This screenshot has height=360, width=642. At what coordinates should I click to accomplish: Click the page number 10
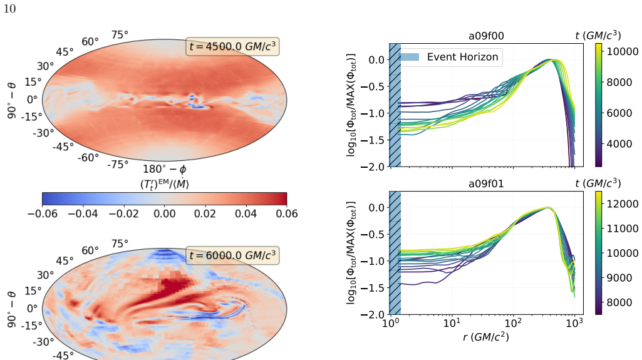pyautogui.click(x=10, y=9)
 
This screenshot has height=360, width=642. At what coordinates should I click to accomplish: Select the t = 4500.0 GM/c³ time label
pyautogui.click(x=232, y=46)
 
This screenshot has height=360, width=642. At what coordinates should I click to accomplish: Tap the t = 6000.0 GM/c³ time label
pyautogui.click(x=232, y=255)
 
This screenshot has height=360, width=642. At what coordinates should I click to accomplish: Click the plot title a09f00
pyautogui.click(x=486, y=36)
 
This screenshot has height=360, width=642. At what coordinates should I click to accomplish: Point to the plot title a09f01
pyautogui.click(x=486, y=183)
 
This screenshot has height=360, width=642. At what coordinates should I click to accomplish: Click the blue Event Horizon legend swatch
pyautogui.click(x=408, y=57)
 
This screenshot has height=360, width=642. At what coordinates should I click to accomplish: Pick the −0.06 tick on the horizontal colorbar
pyautogui.click(x=43, y=213)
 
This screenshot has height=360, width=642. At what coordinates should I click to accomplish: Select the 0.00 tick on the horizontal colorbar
pyautogui.click(x=165, y=213)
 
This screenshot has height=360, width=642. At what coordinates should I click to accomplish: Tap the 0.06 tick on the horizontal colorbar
pyautogui.click(x=287, y=213)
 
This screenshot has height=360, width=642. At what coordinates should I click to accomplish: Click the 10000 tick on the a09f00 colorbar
pyautogui.click(x=623, y=51)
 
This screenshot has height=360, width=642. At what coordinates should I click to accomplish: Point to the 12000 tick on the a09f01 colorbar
pyautogui.click(x=623, y=203)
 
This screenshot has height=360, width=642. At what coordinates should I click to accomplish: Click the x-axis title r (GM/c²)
pyautogui.click(x=486, y=337)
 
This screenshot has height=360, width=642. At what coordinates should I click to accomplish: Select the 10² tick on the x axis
pyautogui.click(x=512, y=323)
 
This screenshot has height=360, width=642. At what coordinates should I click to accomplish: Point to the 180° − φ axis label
pyautogui.click(x=165, y=169)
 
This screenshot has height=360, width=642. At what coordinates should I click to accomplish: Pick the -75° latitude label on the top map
pyautogui.click(x=118, y=165)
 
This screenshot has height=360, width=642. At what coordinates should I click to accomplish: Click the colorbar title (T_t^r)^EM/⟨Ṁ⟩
pyautogui.click(x=165, y=183)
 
